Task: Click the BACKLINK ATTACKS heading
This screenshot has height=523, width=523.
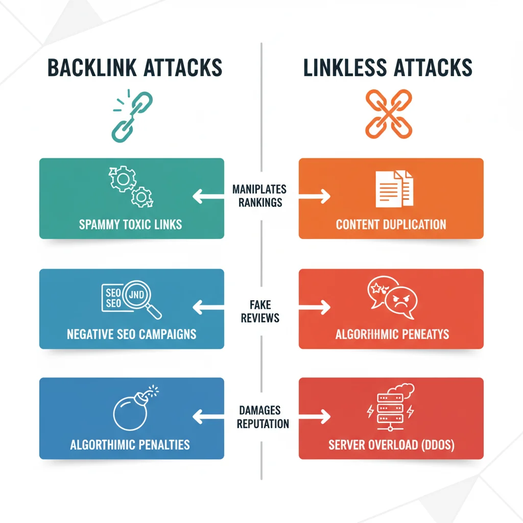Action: point(135,68)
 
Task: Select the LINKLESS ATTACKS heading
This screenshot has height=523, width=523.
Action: point(388,68)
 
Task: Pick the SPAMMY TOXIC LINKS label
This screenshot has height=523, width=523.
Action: point(131,224)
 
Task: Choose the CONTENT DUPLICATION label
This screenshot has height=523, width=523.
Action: point(391,224)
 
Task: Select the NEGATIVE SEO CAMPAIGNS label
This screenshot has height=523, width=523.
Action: point(131,335)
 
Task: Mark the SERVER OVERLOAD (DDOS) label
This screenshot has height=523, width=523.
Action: point(391,445)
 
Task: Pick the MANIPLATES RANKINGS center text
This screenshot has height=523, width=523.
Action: point(259,196)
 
